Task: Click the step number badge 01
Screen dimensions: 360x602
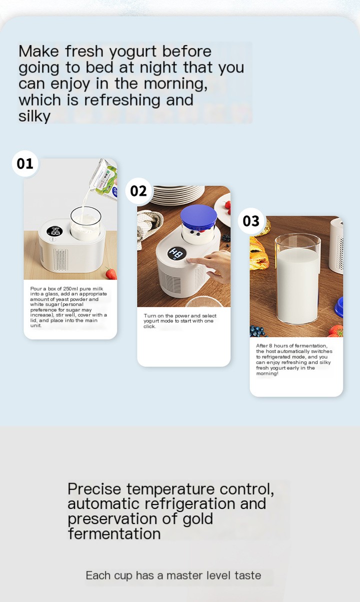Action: pos(25,163)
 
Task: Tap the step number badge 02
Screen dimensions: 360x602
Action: pos(138,191)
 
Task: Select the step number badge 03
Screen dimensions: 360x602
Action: pos(251,221)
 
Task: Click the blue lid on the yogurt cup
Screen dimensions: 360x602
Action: pos(198,215)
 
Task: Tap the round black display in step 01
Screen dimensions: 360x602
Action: pos(54,231)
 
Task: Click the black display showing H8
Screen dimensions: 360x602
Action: pos(177,253)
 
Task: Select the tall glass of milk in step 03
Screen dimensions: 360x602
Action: pos(297,278)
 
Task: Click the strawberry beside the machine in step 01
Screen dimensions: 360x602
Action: pos(111,273)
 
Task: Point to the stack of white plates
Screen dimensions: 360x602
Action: pos(177,195)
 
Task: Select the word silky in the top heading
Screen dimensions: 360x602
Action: pos(34,116)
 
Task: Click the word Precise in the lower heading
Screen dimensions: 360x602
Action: pos(94,489)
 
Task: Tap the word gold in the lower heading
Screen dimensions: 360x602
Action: pos(197,519)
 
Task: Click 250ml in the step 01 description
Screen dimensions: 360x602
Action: pos(70,288)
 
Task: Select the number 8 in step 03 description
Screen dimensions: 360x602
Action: pos(271,346)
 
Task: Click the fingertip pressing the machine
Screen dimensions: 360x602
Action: pos(189,260)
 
